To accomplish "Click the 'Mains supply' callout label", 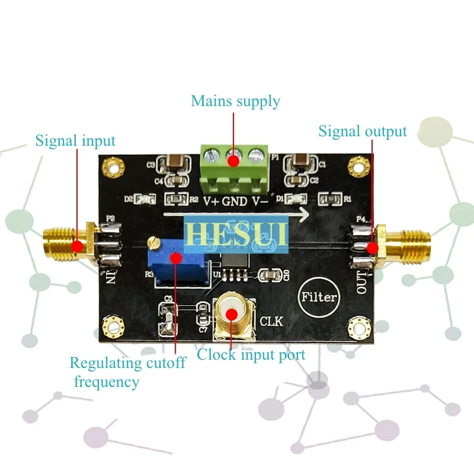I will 235,101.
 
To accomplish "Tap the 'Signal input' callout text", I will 75,141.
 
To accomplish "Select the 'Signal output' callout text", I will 363,132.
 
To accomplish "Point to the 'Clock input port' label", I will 251,355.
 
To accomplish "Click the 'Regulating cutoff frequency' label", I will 127,371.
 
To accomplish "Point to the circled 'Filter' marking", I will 319,297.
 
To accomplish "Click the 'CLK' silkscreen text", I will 272,322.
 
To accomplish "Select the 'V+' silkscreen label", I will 212,201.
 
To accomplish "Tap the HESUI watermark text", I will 236,232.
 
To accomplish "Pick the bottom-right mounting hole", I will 358,326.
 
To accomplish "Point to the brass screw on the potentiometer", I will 153,242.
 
